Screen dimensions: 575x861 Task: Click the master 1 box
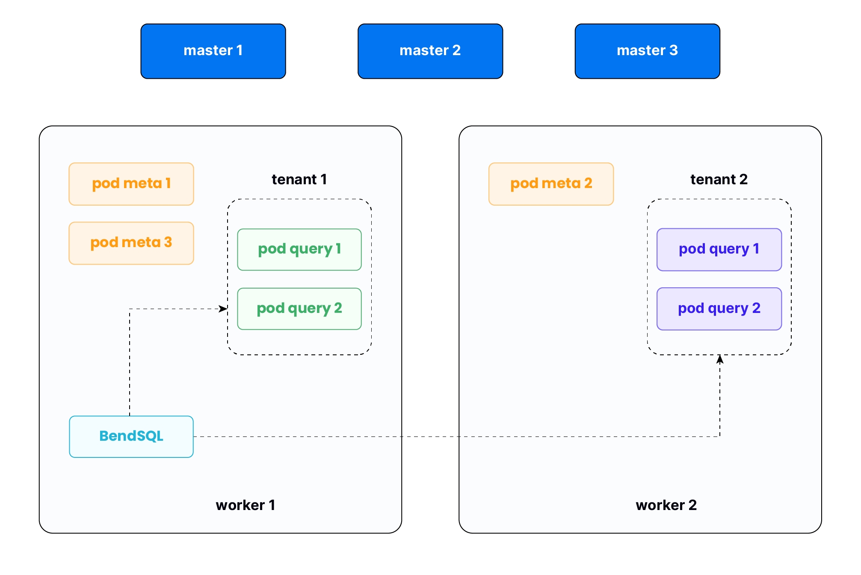click(213, 51)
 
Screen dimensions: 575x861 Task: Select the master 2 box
click(430, 51)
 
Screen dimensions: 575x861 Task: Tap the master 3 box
click(647, 51)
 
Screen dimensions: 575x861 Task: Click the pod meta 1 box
click(131, 184)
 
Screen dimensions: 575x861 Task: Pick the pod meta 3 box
click(131, 243)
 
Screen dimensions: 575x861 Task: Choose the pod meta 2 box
click(551, 184)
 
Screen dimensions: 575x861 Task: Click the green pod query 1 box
click(299, 249)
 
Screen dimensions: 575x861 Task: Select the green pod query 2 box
click(299, 309)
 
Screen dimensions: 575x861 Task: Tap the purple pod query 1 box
click(719, 249)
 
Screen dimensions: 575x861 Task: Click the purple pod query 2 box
click(719, 309)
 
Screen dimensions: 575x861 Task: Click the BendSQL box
click(131, 436)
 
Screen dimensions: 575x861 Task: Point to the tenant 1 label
click(299, 179)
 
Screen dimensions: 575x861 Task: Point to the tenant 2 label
click(719, 179)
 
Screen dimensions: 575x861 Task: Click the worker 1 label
click(245, 505)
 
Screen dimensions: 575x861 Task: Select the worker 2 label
click(666, 505)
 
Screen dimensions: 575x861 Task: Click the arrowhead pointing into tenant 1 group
click(223, 309)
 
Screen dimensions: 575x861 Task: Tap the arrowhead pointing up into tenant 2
click(720, 360)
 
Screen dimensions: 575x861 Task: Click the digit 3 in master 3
click(674, 50)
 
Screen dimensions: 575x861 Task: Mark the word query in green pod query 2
click(311, 309)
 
